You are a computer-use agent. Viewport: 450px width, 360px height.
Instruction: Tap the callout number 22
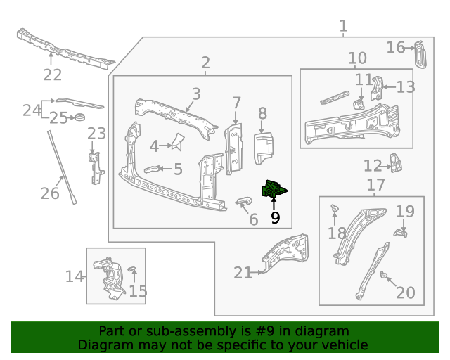pyautogui.click(x=53, y=75)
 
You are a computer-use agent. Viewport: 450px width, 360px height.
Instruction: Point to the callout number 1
pyautogui.click(x=343, y=27)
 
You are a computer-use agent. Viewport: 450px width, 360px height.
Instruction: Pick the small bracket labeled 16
pyautogui.click(x=420, y=54)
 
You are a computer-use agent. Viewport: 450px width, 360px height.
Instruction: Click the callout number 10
pyautogui.click(x=357, y=58)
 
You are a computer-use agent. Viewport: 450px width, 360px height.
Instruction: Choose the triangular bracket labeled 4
pyautogui.click(x=177, y=143)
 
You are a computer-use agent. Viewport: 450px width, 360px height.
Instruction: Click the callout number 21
pyautogui.click(x=243, y=273)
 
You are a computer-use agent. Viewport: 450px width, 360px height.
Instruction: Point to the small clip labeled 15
pyautogui.click(x=132, y=272)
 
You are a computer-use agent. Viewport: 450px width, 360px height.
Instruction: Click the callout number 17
pyautogui.click(x=376, y=185)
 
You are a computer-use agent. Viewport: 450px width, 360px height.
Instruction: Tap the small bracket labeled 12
pyautogui.click(x=397, y=165)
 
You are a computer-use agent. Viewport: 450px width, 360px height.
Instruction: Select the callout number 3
pyautogui.click(x=196, y=94)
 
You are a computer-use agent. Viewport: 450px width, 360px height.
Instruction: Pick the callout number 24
pyautogui.click(x=32, y=110)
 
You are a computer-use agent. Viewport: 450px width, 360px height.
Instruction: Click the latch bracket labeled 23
pyautogui.click(x=95, y=165)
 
